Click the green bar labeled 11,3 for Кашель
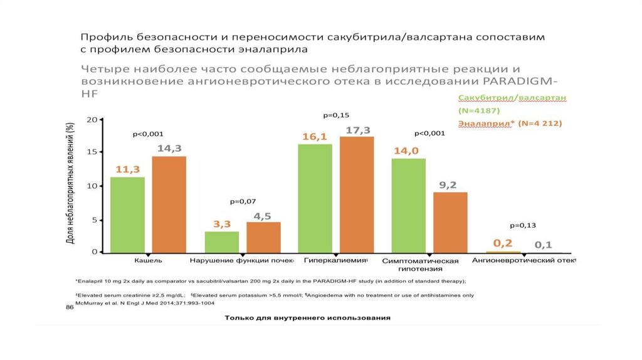[x=127, y=214]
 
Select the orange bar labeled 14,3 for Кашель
[x=169, y=204]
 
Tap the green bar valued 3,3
[x=221, y=241]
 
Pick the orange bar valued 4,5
[x=263, y=237]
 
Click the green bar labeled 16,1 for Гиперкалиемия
[x=315, y=198]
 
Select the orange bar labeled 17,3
[x=357, y=194]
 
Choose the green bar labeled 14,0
[x=408, y=205]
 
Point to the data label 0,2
[x=503, y=243]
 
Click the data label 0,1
[x=544, y=245]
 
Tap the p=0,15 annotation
[x=336, y=115]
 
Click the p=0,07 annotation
[x=243, y=201]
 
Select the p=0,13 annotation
[x=523, y=225]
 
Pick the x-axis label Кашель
[x=149, y=260]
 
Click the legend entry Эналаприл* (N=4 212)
[x=510, y=124]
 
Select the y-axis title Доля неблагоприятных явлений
[x=71, y=183]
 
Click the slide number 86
[x=70, y=307]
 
